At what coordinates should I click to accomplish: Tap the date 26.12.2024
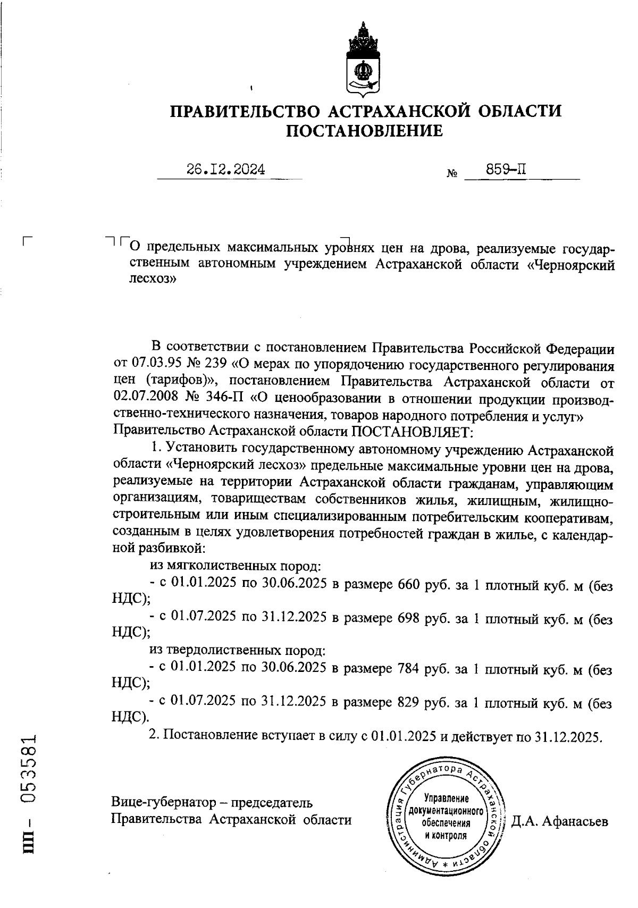click(225, 170)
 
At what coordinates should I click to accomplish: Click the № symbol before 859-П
click(452, 174)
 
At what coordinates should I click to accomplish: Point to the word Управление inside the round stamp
click(446, 799)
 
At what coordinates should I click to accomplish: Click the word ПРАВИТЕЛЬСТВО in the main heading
click(245, 112)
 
